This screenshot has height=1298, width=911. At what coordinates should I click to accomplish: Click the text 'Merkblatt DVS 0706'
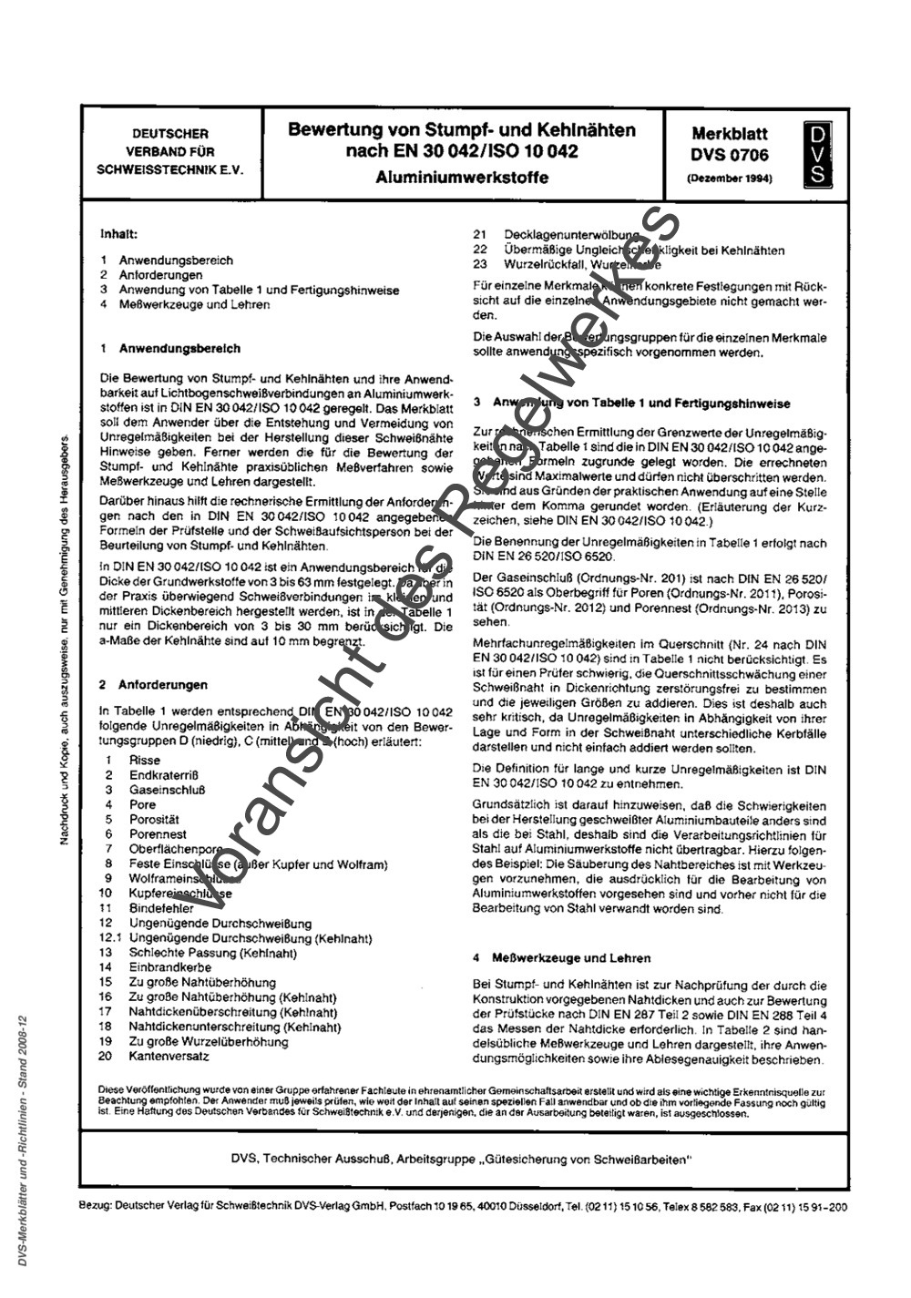[x=729, y=144]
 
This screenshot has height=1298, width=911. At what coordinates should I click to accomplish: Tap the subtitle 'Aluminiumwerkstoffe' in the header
[x=462, y=178]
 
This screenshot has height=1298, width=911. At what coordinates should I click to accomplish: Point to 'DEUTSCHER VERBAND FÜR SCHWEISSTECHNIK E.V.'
[x=169, y=151]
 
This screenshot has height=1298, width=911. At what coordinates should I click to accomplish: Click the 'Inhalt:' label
[x=118, y=234]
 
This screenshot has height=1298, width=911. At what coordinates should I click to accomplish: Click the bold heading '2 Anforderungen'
[x=153, y=684]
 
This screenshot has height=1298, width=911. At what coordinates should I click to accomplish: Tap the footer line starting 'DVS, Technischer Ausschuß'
[x=462, y=1158]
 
